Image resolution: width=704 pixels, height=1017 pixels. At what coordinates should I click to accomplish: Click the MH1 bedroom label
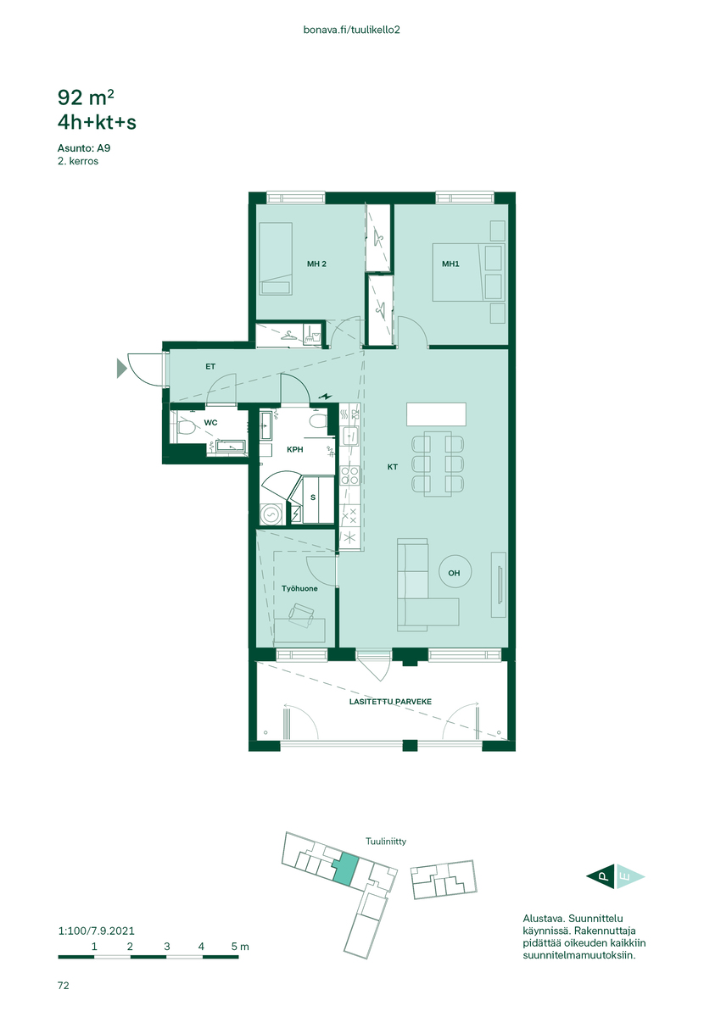(x=450, y=264)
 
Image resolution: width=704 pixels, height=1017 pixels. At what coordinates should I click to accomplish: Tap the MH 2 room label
(x=316, y=264)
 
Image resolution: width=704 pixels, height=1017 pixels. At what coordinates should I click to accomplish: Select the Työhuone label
(x=299, y=588)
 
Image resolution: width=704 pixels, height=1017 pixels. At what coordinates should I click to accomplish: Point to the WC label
(x=210, y=423)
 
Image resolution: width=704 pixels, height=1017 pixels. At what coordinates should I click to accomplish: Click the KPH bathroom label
(x=294, y=449)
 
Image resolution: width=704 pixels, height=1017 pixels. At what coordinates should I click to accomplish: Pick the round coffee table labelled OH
(x=455, y=571)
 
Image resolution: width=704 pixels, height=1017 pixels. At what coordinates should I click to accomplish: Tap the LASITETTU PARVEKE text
(x=390, y=702)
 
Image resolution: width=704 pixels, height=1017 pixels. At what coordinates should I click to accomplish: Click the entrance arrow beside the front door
(x=122, y=368)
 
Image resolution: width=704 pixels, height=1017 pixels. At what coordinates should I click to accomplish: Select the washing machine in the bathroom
(x=271, y=514)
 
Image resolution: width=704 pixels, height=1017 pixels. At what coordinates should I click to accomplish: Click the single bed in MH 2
(x=276, y=258)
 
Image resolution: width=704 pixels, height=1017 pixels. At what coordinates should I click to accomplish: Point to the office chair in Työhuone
(x=302, y=614)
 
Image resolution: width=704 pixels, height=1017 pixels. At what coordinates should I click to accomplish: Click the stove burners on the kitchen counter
(x=350, y=475)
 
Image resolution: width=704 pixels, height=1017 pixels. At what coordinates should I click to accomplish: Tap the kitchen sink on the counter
(x=350, y=436)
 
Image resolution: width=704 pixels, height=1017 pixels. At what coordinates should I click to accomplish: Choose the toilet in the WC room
(x=186, y=427)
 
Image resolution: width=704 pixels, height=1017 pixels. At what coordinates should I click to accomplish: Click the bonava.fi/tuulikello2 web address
(x=351, y=30)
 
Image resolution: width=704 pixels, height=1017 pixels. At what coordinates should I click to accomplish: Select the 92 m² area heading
(x=86, y=97)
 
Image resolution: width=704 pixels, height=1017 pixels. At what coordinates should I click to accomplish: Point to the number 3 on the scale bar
(x=166, y=946)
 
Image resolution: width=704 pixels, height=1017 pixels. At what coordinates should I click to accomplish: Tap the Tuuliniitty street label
(x=386, y=842)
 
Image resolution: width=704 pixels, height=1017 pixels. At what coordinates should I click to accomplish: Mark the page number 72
(x=63, y=985)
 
